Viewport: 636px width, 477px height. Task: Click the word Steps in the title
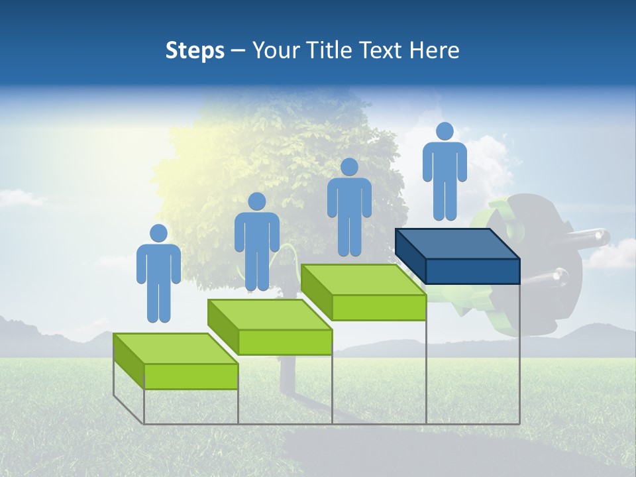pos(195,50)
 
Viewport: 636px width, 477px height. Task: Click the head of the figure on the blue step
pos(445,131)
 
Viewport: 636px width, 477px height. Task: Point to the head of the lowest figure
pos(158,233)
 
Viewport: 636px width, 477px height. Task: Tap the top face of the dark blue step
pos(457,244)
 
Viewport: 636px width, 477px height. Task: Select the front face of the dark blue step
pos(472,271)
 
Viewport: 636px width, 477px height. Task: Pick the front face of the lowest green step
pos(191,376)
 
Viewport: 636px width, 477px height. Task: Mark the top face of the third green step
pos(363,280)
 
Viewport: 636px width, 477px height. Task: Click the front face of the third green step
pos(379,307)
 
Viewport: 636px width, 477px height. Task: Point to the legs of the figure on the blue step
pos(445,199)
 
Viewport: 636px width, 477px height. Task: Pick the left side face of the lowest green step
pos(129,361)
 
